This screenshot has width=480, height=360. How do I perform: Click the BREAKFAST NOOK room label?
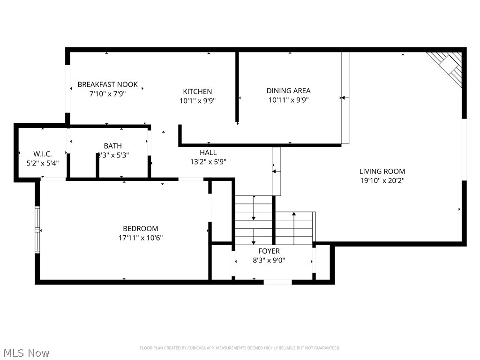107,84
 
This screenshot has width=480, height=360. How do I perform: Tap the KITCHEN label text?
197,91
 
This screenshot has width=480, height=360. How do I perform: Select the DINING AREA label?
288,90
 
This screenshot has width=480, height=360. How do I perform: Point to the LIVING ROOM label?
382,172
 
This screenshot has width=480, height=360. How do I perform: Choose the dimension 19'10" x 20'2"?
382,180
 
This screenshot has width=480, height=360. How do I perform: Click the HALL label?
208,152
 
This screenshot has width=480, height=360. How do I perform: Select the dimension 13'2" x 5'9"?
208,162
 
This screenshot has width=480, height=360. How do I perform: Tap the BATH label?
113,146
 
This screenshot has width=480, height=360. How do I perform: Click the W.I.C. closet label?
42,154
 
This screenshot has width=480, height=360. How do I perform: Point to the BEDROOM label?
140,228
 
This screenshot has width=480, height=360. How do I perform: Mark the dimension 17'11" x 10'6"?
140,238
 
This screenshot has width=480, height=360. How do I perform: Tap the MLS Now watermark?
26,352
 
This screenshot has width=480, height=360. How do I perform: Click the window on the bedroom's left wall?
37,230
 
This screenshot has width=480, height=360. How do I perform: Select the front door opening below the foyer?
277,282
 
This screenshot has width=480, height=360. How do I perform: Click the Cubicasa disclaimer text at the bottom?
240,348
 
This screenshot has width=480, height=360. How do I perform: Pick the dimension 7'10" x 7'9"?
107,93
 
